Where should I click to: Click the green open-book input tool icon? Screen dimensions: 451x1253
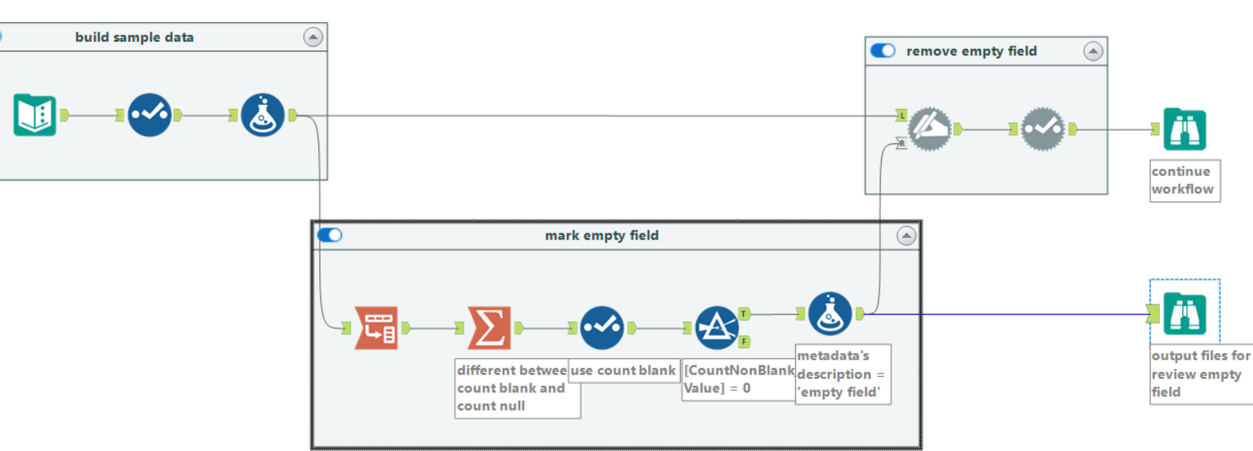(35, 115)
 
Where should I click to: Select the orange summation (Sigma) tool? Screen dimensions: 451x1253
(489, 327)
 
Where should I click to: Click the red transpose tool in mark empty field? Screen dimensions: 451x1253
(377, 327)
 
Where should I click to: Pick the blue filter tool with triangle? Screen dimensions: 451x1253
(716, 328)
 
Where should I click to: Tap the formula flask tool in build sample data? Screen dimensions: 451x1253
(262, 115)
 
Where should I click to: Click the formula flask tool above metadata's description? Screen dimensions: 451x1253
(830, 314)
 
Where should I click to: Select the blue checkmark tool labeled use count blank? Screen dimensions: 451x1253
(602, 327)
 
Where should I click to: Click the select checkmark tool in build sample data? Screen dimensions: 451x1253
(149, 115)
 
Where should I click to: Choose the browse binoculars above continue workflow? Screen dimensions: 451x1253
(1184, 129)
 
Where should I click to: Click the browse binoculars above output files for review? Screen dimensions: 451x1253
(1184, 314)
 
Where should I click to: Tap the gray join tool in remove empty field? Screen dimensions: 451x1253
(930, 129)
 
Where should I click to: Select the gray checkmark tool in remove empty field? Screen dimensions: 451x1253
(1043, 129)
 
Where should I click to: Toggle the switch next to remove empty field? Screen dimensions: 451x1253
(883, 51)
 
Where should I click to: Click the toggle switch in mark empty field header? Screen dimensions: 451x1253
(330, 235)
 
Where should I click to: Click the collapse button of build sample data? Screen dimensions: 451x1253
(313, 37)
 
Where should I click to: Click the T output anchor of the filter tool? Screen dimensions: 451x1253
(743, 314)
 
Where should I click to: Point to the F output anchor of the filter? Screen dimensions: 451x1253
(743, 341)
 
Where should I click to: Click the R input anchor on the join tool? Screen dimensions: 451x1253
(902, 143)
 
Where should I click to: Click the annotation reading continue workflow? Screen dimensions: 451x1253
(1184, 181)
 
